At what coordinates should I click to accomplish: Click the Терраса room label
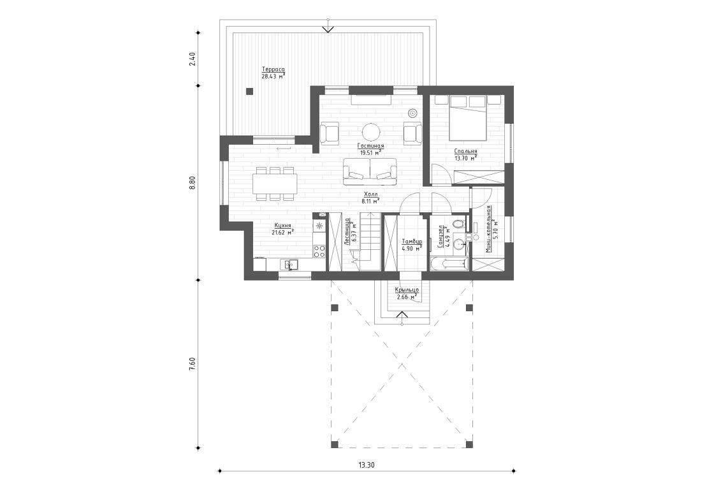click(x=273, y=69)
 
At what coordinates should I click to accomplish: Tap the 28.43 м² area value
click(x=273, y=76)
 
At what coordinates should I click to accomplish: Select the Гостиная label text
click(x=370, y=146)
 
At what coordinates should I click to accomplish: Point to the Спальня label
click(x=465, y=152)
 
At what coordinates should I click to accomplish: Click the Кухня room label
click(x=282, y=226)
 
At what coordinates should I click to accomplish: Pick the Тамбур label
click(x=411, y=242)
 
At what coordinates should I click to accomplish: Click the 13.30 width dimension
click(x=366, y=465)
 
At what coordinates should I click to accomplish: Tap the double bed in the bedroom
click(x=469, y=118)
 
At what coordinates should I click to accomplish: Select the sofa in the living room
click(x=370, y=170)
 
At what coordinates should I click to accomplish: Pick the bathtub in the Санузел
click(x=449, y=264)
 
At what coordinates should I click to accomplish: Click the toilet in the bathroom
click(x=458, y=225)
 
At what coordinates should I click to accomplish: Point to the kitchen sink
click(x=291, y=263)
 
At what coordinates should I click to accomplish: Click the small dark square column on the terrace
click(x=250, y=91)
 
